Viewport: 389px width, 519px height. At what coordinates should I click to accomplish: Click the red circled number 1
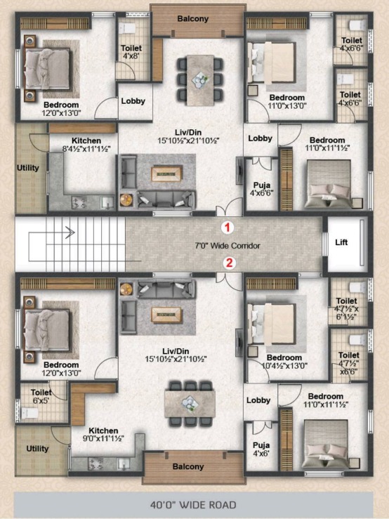click(227, 228)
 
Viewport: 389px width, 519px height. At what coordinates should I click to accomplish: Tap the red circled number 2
click(229, 263)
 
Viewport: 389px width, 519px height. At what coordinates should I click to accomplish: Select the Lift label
click(341, 242)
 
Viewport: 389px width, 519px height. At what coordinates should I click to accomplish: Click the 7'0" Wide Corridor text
click(228, 246)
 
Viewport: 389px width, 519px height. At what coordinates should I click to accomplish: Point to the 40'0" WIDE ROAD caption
click(193, 505)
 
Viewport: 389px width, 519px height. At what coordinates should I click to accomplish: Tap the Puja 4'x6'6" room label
click(261, 189)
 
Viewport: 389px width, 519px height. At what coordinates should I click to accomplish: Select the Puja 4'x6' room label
click(261, 449)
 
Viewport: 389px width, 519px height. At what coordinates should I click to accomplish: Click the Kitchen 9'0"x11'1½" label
click(104, 435)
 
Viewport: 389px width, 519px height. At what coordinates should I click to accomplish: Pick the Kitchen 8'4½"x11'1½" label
click(86, 145)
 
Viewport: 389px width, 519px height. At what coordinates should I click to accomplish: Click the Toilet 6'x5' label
click(41, 396)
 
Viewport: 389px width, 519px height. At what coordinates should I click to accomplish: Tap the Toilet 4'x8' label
click(131, 52)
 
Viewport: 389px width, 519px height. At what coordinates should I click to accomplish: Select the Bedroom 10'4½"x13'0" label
click(284, 362)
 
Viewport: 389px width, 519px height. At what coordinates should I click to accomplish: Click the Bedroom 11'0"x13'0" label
click(287, 102)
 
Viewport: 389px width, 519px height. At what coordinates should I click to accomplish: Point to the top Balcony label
click(193, 18)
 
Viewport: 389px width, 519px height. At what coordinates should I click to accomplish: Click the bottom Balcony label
click(188, 467)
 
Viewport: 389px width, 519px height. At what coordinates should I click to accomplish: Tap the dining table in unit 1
click(200, 80)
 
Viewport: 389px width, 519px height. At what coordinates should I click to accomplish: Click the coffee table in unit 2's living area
click(166, 315)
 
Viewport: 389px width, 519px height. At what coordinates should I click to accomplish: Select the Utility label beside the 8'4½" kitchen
click(28, 168)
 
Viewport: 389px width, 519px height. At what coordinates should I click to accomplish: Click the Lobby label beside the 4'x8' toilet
click(133, 101)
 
